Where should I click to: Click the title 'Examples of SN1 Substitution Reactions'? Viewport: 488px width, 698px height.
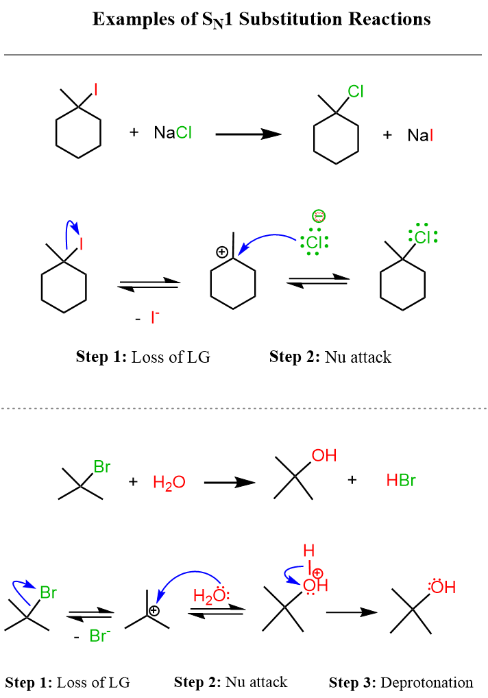[261, 19]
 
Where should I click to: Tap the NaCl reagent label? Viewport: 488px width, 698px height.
[173, 133]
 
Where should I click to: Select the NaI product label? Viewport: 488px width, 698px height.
[419, 135]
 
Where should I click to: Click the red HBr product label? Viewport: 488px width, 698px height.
[401, 481]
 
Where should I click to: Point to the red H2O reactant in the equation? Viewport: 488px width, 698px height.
[169, 483]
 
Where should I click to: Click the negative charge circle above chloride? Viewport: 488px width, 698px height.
[318, 216]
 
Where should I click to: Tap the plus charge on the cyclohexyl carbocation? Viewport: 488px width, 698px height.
[221, 252]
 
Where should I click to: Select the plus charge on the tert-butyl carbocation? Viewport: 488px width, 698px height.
[154, 610]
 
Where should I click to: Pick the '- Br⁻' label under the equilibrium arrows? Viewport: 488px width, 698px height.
[95, 636]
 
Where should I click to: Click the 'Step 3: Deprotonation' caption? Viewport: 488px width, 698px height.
[401, 682]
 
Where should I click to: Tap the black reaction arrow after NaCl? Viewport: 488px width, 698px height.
[248, 134]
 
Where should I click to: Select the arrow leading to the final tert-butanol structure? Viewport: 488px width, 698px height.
[352, 612]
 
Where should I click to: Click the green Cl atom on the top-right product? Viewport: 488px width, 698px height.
[356, 91]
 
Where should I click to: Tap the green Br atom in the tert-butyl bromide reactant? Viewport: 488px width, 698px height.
[101, 467]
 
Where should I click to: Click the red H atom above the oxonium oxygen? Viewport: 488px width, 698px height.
[307, 551]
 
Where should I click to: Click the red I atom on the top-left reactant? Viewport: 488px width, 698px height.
[95, 89]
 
